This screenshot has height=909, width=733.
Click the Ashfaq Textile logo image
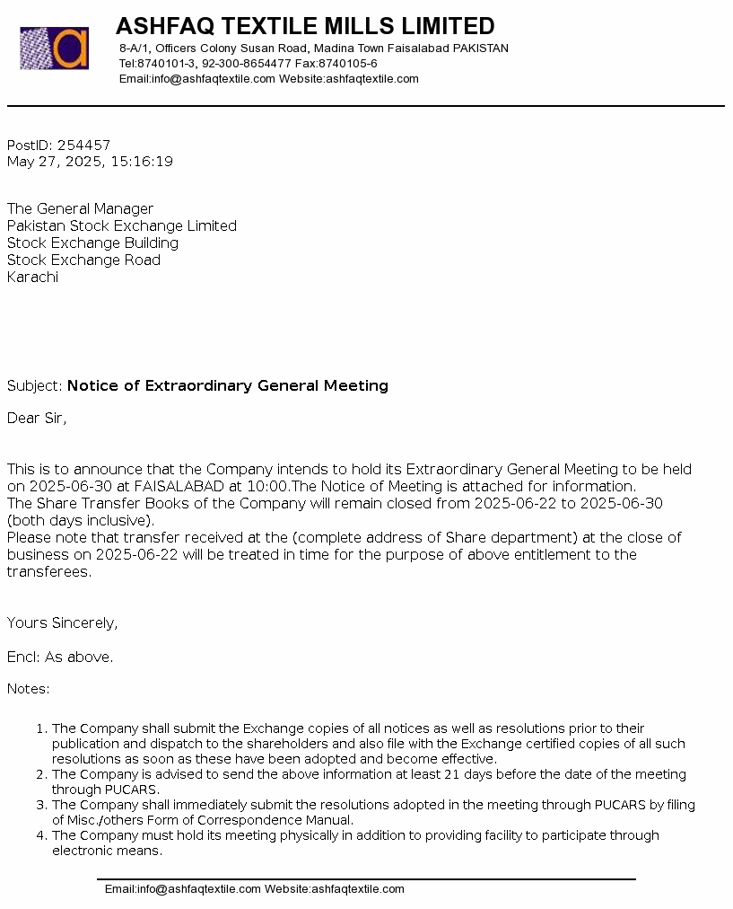tap(55, 49)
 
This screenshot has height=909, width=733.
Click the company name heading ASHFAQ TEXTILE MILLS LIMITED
tap(305, 26)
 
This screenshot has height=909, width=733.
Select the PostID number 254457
tap(83, 146)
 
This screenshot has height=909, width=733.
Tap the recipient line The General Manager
tap(81, 209)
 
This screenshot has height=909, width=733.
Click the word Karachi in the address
tap(32, 278)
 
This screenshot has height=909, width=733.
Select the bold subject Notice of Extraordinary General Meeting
tap(228, 386)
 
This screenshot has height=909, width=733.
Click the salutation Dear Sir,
tap(37, 419)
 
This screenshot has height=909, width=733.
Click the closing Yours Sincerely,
tap(62, 623)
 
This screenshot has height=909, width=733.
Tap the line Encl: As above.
tap(60, 657)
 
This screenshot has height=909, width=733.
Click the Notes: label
tap(29, 690)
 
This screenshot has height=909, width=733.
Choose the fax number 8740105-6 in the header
tap(348, 64)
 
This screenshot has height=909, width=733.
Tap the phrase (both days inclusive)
tap(81, 521)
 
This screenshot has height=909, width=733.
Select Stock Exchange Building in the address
tap(92, 243)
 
